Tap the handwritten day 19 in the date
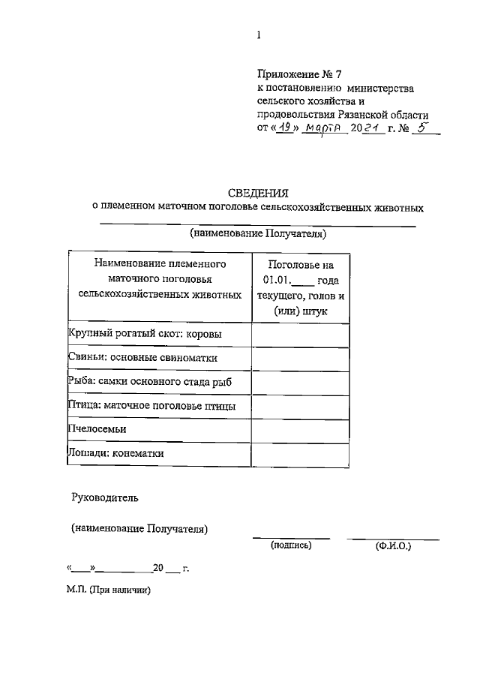281,129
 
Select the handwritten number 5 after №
423,128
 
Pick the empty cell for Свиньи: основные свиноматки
300,359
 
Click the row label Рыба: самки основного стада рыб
149,382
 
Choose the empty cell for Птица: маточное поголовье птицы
300,406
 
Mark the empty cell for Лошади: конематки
300,454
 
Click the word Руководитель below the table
105,497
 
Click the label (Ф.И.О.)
393,547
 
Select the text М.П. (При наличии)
109,590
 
